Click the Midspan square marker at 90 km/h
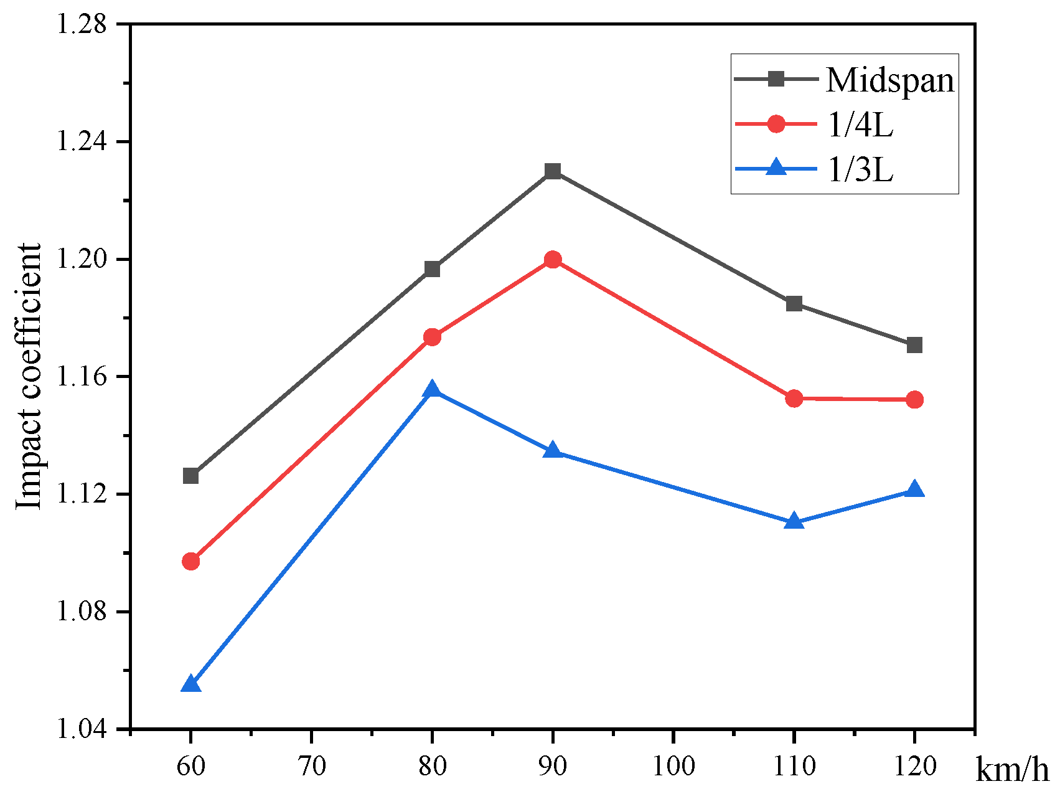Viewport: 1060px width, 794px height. click(553, 171)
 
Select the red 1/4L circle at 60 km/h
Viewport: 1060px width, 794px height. click(191, 561)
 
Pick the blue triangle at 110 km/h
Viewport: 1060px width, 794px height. click(794, 521)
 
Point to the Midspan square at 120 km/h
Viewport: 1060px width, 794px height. click(914, 345)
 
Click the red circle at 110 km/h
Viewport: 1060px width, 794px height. click(794, 398)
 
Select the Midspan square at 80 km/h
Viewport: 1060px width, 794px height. click(432, 269)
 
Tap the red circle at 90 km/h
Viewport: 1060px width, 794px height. click(553, 260)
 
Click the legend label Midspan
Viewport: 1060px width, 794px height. click(889, 80)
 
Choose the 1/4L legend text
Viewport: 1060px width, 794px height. click(860, 125)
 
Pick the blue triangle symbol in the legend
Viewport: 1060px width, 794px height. click(776, 168)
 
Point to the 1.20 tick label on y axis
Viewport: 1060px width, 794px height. click(83, 260)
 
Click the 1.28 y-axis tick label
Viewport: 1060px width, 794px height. click(83, 25)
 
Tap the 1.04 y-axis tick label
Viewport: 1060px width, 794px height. click(83, 729)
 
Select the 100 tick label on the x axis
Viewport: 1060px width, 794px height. click(673, 765)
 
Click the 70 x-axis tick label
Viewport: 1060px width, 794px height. click(311, 765)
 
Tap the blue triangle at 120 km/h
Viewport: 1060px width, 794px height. click(914, 489)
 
